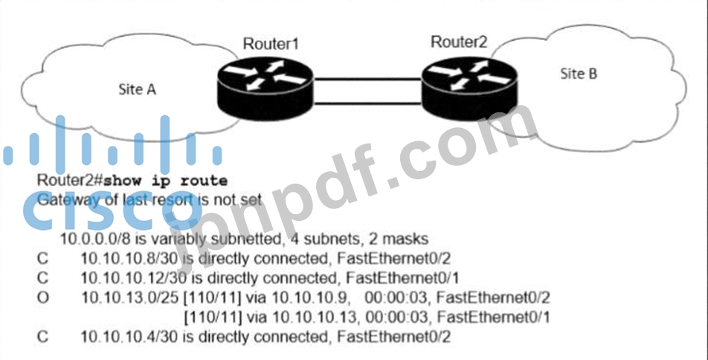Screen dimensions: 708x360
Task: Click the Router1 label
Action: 271,44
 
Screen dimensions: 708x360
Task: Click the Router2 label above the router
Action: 459,42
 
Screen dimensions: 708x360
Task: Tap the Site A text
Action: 138,89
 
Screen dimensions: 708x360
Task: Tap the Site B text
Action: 579,73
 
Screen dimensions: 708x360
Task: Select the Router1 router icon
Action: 265,87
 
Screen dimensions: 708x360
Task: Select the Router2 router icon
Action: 469,87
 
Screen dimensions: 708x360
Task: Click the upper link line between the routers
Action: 367,80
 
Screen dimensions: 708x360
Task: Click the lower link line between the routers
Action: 367,103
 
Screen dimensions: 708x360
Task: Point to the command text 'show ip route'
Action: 165,181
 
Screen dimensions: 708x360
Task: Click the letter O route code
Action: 42,298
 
